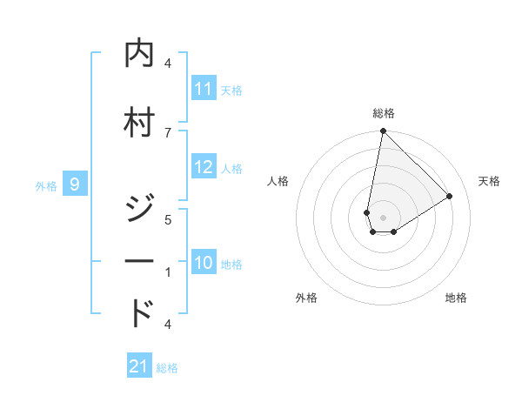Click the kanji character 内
pyautogui.click(x=140, y=53)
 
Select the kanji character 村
pyautogui.click(x=140, y=122)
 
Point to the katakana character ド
pyautogui.click(x=140, y=313)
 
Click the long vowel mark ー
pyautogui.click(x=140, y=262)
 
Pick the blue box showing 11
pyautogui.click(x=203, y=89)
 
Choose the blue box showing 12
pyautogui.click(x=203, y=168)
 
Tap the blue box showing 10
pyautogui.click(x=203, y=264)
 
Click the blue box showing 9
pyautogui.click(x=75, y=184)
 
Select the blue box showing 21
pyautogui.click(x=139, y=366)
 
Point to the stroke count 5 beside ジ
pyautogui.click(x=168, y=219)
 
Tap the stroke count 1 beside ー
pyautogui.click(x=168, y=272)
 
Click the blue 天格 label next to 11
pyautogui.click(x=231, y=90)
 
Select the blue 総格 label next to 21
pyautogui.click(x=167, y=367)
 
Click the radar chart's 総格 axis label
pyautogui.click(x=384, y=113)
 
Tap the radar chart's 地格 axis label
pyautogui.click(x=456, y=298)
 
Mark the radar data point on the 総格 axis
pyautogui.click(x=383, y=131)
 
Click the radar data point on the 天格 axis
pyautogui.click(x=450, y=197)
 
